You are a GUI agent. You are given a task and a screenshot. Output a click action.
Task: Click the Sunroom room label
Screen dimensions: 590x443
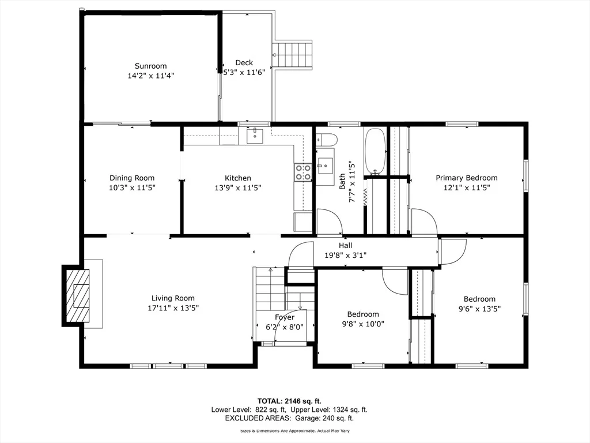(x=150, y=66)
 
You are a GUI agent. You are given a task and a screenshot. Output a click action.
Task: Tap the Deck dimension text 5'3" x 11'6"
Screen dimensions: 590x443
(x=244, y=72)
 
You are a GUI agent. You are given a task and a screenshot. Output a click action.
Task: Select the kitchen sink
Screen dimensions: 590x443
(x=255, y=136)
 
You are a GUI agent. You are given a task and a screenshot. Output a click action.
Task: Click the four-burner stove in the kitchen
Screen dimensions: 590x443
(x=303, y=172)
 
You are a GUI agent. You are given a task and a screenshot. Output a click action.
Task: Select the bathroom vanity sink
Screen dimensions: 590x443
(x=324, y=166)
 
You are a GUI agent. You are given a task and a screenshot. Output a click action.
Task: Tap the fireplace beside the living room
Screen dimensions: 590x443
(x=76, y=296)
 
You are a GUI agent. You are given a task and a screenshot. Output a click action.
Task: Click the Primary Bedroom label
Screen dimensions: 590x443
(x=467, y=178)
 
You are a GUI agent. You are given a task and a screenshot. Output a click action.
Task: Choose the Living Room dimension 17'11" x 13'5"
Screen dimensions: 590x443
(x=173, y=308)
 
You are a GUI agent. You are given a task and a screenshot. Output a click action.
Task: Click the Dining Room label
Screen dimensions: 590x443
(x=132, y=178)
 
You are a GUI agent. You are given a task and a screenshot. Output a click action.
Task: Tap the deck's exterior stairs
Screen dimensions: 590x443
(x=292, y=55)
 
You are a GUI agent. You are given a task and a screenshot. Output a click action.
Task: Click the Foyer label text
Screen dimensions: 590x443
(x=285, y=318)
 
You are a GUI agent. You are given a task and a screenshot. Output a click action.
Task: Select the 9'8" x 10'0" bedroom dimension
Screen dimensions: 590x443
(x=363, y=324)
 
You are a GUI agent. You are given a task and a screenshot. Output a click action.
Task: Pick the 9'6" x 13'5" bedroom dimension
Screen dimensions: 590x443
(x=479, y=309)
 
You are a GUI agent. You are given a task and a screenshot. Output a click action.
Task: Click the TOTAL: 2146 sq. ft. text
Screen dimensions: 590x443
(x=289, y=401)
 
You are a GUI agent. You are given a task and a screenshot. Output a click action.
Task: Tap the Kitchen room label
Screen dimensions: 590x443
(x=238, y=178)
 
